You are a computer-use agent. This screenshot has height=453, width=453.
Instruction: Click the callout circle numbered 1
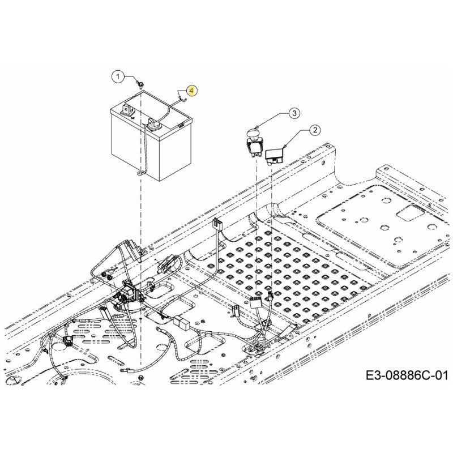[118, 76]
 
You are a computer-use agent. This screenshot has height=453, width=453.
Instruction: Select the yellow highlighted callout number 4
[191, 90]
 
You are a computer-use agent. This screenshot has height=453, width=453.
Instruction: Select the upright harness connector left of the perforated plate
[217, 226]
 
